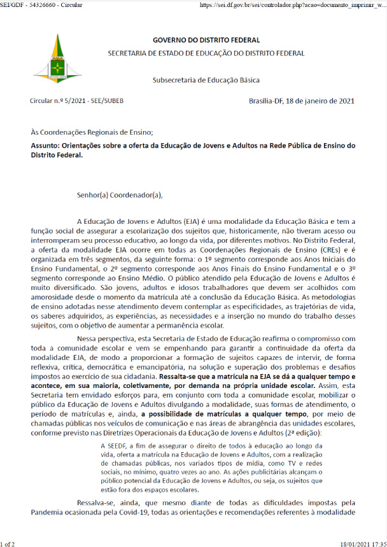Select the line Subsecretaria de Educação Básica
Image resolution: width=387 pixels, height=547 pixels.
point(206,80)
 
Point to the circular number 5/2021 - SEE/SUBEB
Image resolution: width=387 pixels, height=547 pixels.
point(68,100)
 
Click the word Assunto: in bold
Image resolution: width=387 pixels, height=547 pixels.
point(45,145)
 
